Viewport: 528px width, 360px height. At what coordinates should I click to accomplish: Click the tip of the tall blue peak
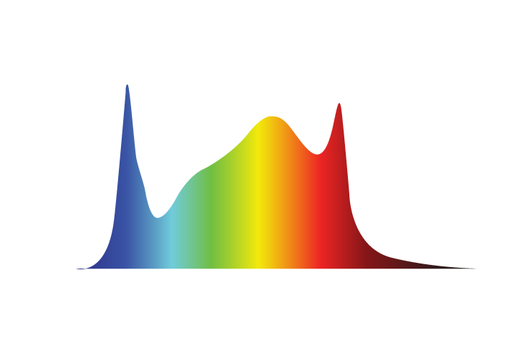[x=127, y=85]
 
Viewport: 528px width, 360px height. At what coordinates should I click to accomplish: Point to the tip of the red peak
[x=339, y=104]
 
